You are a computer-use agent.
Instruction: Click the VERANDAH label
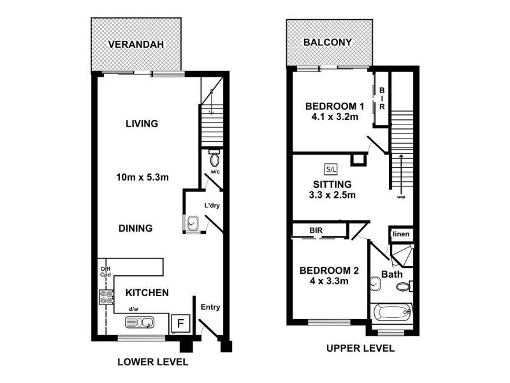(x=136, y=44)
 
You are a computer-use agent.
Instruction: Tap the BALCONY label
(x=328, y=42)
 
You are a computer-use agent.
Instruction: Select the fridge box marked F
(x=180, y=324)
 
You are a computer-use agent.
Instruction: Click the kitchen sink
(x=140, y=323)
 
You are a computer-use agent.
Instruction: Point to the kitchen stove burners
(x=106, y=297)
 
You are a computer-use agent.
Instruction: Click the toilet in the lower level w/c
(x=214, y=158)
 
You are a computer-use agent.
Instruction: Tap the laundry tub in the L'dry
(x=193, y=223)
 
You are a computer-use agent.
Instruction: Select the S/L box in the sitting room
(x=331, y=169)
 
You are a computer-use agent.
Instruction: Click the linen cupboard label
(x=401, y=234)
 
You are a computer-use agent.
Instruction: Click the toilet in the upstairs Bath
(x=404, y=287)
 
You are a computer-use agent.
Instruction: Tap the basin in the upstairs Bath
(x=375, y=284)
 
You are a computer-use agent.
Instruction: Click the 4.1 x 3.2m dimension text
(x=335, y=117)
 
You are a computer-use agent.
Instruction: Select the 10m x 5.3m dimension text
(x=142, y=177)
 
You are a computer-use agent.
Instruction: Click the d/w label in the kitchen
(x=133, y=309)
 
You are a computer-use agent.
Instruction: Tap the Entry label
(x=210, y=307)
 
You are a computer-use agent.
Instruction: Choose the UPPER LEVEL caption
(x=360, y=349)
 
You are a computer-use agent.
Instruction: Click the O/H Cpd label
(x=105, y=272)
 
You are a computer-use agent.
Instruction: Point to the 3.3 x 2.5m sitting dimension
(x=332, y=195)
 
